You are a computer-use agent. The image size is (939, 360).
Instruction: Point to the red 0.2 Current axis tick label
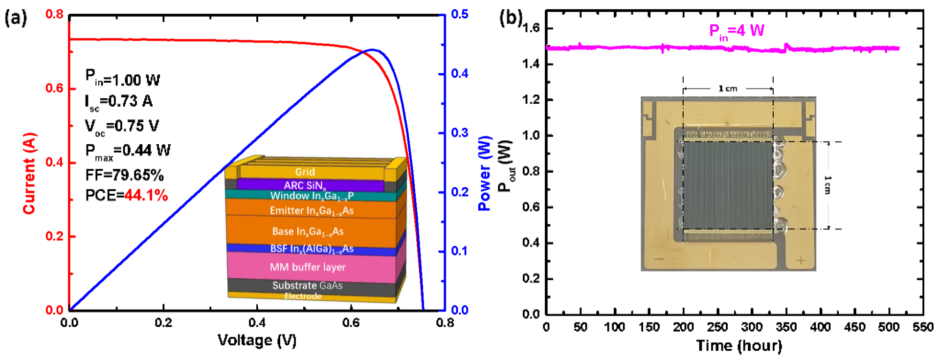coord(54,236)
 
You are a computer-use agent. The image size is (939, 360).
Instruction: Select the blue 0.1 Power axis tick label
coord(460,251)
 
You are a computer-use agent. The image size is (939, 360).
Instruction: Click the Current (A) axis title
coord(29,173)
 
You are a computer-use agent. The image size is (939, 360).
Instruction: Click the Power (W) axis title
coord(484,173)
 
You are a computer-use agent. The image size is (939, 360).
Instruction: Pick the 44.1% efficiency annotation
coord(146,196)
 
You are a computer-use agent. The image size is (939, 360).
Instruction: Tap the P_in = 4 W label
coord(737,32)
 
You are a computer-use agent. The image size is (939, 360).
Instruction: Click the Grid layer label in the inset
coord(305,172)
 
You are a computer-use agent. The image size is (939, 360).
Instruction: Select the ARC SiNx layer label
coord(305,185)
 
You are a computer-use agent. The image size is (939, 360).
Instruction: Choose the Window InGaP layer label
coord(312,196)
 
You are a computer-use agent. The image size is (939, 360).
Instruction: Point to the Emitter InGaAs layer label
coord(312,211)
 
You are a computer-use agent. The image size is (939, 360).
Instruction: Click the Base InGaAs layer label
coord(308,231)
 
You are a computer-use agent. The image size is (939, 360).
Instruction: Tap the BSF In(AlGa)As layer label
coord(312,249)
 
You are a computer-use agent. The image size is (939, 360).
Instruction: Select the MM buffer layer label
coord(308,267)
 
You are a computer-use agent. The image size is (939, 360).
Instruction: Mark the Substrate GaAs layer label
coord(307,286)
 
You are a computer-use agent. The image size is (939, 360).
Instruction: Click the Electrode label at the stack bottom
coord(303,296)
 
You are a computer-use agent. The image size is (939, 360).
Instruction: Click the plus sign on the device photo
coord(801,260)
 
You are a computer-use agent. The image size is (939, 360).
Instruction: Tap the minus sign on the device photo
coord(659,259)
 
